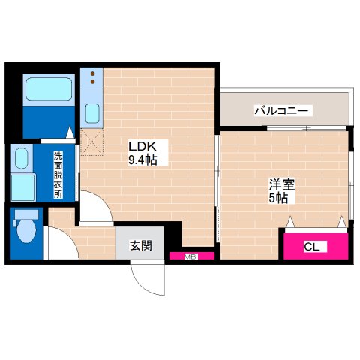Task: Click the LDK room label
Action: pyautogui.click(x=140, y=146)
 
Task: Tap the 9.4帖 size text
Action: pyautogui.click(x=141, y=159)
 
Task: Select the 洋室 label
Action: pyautogui.click(x=281, y=184)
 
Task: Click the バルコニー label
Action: pyautogui.click(x=281, y=111)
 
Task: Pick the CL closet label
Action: pyautogui.click(x=311, y=246)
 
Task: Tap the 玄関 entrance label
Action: pyautogui.click(x=139, y=244)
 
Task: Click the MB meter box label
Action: pyautogui.click(x=190, y=256)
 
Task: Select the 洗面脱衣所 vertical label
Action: pyautogui.click(x=58, y=175)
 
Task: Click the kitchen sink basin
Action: pyautogui.click(x=92, y=114)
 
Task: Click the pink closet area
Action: pyautogui.click(x=315, y=245)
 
